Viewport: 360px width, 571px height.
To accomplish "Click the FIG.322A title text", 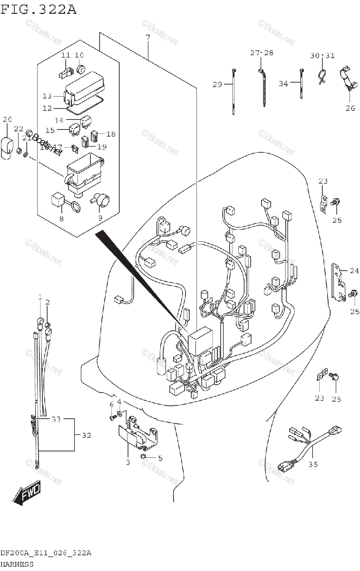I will click(39, 10).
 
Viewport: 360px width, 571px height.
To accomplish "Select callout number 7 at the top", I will click(148, 37).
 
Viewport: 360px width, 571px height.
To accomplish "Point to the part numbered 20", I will click(7, 145).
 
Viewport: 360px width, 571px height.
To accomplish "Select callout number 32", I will click(86, 435).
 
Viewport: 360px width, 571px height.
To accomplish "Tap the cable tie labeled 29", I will click(234, 93).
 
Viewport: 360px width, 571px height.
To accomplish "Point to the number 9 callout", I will click(100, 218).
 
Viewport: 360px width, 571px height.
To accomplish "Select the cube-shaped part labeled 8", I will click(58, 200).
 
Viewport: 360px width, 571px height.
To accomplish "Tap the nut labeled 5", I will click(143, 457).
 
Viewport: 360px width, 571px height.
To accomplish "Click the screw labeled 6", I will click(112, 417).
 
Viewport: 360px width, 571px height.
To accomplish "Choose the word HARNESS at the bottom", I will click(17, 564).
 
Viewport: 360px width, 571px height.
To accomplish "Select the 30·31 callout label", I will click(322, 55).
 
